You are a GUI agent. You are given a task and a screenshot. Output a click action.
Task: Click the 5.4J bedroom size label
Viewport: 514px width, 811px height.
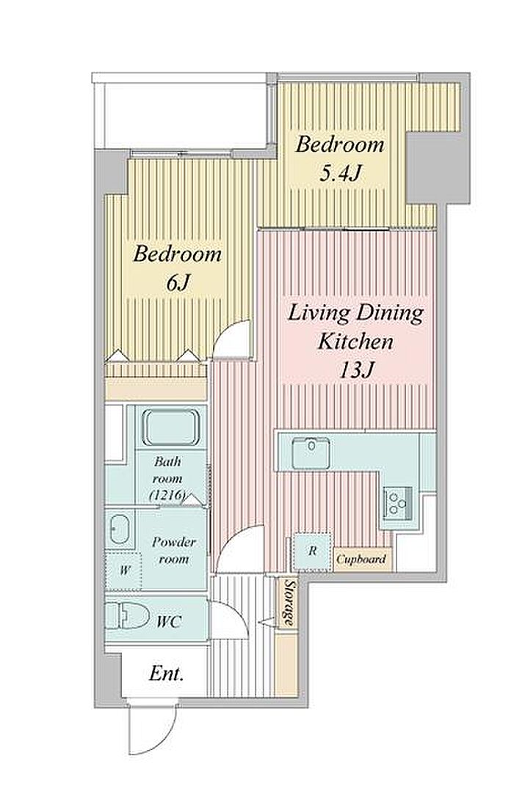(x=339, y=174)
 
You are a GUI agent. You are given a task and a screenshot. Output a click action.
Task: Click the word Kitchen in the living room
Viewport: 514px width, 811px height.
(x=355, y=342)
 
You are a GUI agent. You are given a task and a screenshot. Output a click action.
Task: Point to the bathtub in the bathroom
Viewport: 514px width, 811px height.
(x=171, y=427)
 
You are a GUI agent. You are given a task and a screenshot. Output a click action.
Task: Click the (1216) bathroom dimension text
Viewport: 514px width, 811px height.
(x=167, y=495)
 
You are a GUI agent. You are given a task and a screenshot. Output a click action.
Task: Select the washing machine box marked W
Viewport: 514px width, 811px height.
(x=124, y=571)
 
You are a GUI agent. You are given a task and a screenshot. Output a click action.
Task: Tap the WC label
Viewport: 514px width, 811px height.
(x=169, y=621)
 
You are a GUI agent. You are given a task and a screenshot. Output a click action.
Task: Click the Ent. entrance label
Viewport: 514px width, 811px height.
(x=167, y=673)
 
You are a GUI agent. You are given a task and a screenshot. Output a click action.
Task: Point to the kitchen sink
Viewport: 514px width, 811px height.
(x=311, y=452)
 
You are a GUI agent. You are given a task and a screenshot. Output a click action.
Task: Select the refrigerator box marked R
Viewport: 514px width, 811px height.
(x=313, y=551)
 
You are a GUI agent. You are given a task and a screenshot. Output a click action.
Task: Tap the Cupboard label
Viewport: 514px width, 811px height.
(x=362, y=559)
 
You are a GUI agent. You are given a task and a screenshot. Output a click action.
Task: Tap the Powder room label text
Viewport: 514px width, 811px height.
(x=173, y=551)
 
